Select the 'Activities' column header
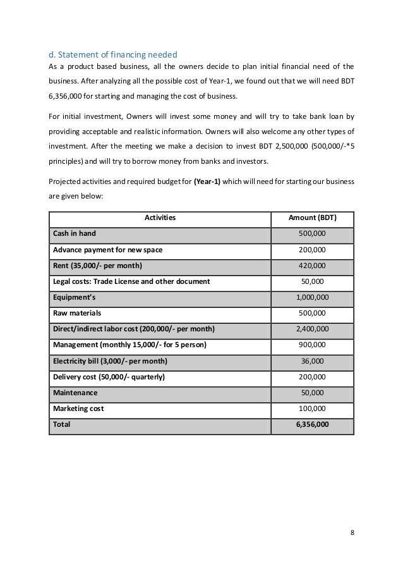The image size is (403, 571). tap(160, 218)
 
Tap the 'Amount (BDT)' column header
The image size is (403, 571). tap(312, 218)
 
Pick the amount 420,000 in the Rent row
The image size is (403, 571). tap(312, 265)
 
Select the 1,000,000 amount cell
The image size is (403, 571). tap(312, 297)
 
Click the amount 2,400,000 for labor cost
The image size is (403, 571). tap(312, 329)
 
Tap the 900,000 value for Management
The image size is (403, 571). tap(312, 345)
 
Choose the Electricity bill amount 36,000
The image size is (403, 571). tap(312, 361)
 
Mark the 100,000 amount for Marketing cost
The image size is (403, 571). tap(312, 408)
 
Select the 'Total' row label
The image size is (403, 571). tap(62, 425)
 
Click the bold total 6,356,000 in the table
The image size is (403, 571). tap(312, 425)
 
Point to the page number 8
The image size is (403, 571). tap(352, 532)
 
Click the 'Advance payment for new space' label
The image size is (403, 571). tap(107, 249)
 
